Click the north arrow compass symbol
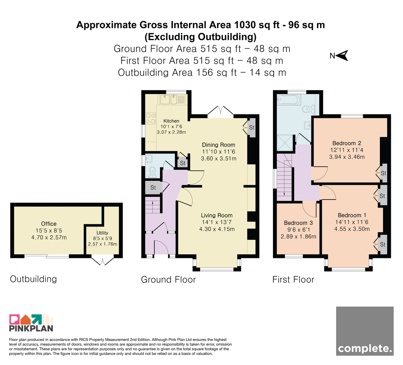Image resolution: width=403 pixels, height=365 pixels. point(341,55)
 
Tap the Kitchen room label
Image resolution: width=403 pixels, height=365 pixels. point(171,121)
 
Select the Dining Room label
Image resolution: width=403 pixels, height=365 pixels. point(219,145)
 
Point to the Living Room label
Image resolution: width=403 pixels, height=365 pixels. point(217,215)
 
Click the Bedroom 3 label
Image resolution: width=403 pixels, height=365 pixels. point(298,223)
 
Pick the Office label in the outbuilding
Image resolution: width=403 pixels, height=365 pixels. point(49,224)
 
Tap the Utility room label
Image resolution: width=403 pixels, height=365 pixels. point(102,233)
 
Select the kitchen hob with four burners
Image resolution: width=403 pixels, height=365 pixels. point(151,118)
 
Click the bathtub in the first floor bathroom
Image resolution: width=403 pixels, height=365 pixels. point(289,100)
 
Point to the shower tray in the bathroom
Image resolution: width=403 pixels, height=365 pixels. point(285,143)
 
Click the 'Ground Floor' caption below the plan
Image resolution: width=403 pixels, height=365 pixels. point(168,279)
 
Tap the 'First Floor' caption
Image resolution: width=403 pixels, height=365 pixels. point(293,279)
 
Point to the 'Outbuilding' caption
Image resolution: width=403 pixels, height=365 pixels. point(33,279)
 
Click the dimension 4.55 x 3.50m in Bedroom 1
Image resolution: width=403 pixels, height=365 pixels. point(352,229)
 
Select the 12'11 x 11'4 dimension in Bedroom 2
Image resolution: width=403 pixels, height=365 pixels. point(347,150)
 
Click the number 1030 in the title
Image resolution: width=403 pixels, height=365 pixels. point(245,25)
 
